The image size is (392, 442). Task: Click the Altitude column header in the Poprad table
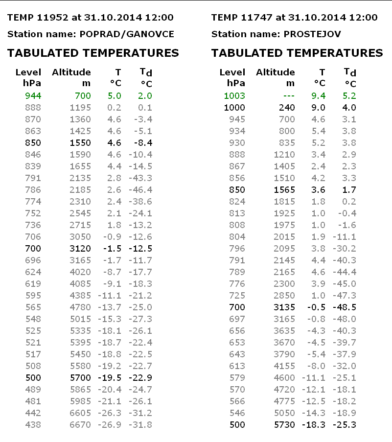click(71, 72)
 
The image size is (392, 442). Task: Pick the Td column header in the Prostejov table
click(350, 72)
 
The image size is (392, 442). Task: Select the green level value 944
click(33, 96)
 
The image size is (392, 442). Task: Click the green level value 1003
click(234, 96)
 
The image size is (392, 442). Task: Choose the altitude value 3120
click(80, 249)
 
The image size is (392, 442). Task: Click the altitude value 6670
click(80, 425)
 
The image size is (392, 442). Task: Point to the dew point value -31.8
click(141, 425)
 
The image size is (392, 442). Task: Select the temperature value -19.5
click(112, 378)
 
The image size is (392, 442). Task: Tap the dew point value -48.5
click(345, 307)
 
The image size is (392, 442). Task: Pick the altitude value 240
click(288, 108)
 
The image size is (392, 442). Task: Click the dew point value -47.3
click(345, 296)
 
